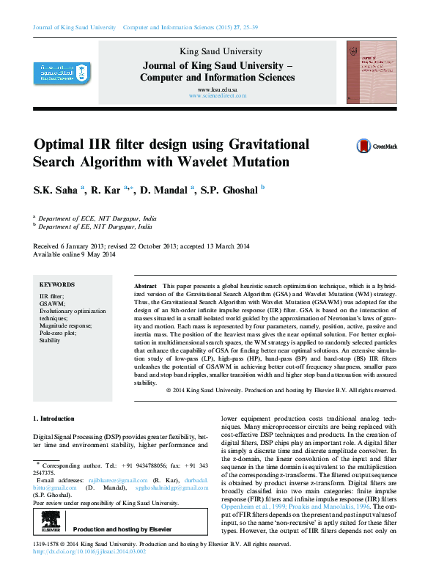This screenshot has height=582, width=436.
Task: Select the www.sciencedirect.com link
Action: pos(217,96)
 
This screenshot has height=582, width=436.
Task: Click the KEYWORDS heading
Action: pos(57,284)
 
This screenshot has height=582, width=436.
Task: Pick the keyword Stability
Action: pos(50,341)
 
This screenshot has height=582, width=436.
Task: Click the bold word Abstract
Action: pos(145,284)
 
